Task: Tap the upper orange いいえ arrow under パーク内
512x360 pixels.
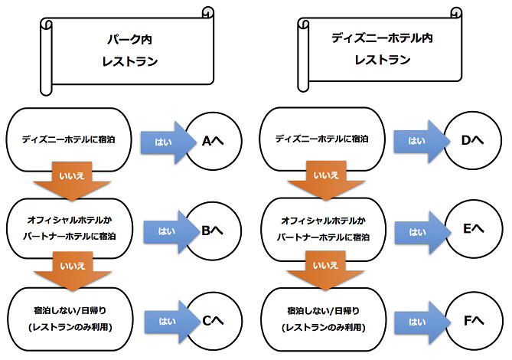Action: [71, 179]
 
